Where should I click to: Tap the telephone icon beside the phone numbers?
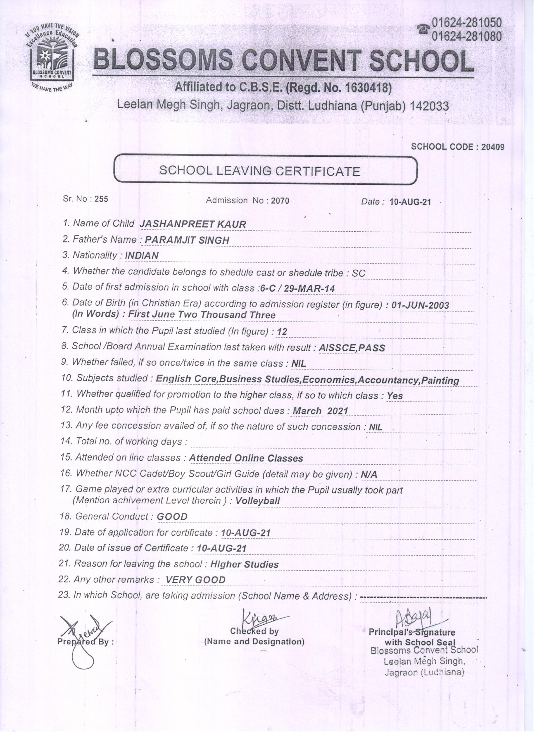[424, 30]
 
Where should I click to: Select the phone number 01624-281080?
[467, 36]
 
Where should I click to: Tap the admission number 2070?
[280, 201]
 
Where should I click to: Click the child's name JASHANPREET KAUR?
[193, 224]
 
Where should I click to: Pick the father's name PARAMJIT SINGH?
[187, 240]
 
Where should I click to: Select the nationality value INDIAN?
[142, 255]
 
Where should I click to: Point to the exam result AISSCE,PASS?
[351, 348]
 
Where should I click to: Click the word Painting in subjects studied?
[440, 380]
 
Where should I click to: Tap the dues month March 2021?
[320, 411]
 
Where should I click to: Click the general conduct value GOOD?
[172, 517]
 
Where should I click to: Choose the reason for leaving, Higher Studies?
[244, 564]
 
